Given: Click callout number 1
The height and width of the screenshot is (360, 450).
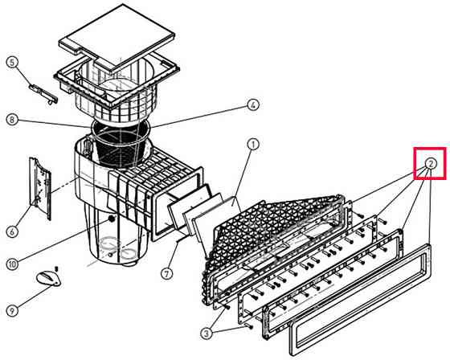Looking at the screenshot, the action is [x=253, y=145].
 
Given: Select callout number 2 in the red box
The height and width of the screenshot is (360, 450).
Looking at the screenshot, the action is [x=431, y=164].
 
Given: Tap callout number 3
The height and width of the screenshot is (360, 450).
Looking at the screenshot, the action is [x=207, y=333].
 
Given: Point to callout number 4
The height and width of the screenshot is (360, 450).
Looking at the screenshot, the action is [x=252, y=105].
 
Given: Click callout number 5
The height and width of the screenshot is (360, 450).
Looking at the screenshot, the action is [x=12, y=63].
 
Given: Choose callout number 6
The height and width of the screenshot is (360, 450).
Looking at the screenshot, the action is [x=12, y=231].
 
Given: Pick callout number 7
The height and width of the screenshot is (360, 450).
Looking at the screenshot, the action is [x=167, y=273].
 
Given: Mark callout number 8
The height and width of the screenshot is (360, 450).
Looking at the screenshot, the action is [x=12, y=120].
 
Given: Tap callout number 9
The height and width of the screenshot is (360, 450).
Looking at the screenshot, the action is [x=12, y=311].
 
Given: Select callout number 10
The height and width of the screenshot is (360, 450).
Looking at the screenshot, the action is [x=12, y=264].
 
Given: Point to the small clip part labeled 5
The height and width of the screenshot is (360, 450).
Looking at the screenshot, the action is [x=44, y=92].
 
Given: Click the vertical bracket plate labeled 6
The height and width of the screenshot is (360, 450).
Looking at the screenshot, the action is [x=40, y=188].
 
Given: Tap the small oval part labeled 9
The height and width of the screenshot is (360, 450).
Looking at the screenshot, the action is [x=48, y=279].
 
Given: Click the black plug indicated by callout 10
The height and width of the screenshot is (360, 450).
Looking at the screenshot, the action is [x=111, y=219].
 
